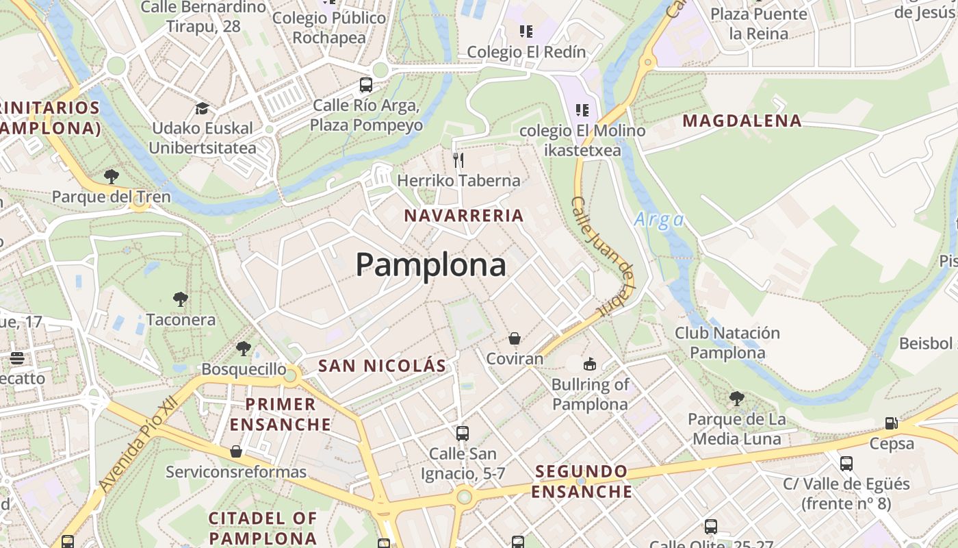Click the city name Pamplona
click(430, 265)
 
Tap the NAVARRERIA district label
click(463, 216)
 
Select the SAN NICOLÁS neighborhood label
click(382, 366)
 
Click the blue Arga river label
click(658, 220)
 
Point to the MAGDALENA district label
click(742, 121)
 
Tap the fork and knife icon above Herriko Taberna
click(458, 160)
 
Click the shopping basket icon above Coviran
click(515, 338)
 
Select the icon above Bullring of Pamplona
click(589, 364)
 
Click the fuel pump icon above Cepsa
click(891, 423)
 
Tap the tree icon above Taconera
click(181, 299)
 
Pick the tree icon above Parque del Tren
click(111, 177)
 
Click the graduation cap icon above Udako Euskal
click(202, 108)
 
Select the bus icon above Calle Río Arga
click(366, 86)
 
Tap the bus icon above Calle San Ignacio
click(463, 434)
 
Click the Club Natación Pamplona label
click(727, 343)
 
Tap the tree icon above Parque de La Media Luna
click(736, 399)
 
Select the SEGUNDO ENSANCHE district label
click(582, 482)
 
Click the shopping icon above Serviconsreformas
click(236, 451)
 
